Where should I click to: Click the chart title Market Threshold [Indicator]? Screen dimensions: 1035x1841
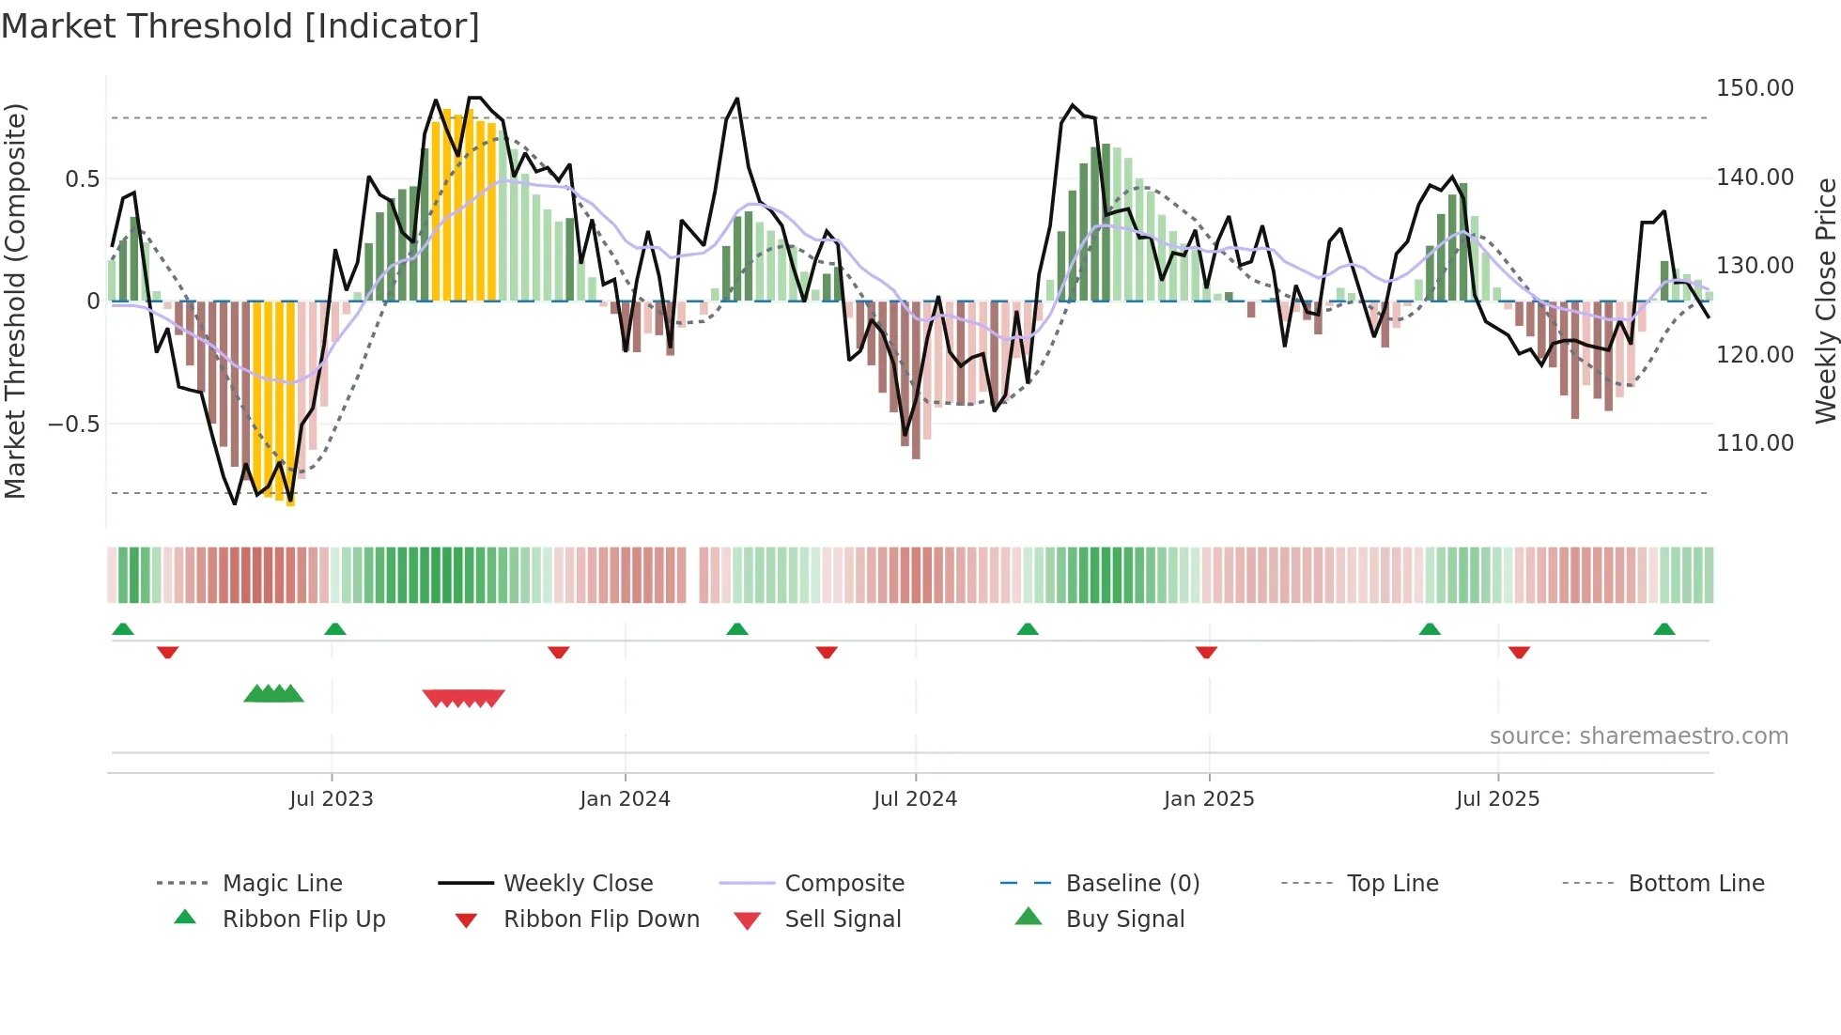point(240,26)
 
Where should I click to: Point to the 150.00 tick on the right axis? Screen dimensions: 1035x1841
point(1754,88)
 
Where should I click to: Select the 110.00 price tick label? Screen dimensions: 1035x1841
point(1754,442)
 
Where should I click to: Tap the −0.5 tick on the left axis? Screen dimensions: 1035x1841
point(73,424)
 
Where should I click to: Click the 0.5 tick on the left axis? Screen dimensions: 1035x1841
point(82,178)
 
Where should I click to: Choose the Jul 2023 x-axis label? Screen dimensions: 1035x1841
point(331,799)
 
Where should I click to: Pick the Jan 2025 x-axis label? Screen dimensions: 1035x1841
point(1208,799)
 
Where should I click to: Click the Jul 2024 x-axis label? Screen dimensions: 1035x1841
point(915,799)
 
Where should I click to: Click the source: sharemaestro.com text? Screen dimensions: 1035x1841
point(1638,736)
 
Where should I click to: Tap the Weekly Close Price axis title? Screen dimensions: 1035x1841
point(1825,301)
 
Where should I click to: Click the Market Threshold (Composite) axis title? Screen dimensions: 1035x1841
point(15,301)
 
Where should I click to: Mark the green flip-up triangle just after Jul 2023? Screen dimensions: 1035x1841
point(335,629)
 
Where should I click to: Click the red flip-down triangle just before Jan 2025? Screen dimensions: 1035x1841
point(1206,652)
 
